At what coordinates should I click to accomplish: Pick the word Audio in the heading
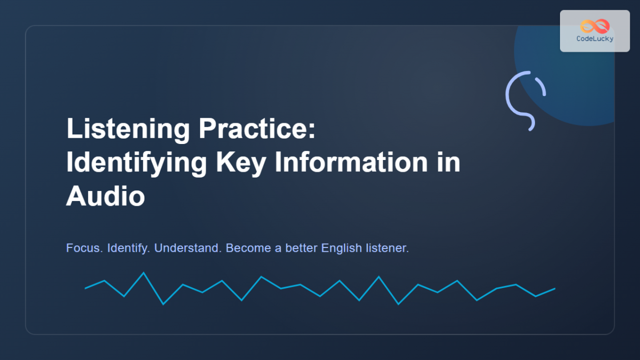[x=105, y=196]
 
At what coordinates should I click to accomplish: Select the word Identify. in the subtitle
[x=129, y=249]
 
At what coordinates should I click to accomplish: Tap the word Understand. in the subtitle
[x=188, y=249]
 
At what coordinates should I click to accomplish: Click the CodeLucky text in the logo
[x=595, y=39]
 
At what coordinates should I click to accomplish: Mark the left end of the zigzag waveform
[x=85, y=288]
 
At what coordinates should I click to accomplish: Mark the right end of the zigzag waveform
[x=555, y=289]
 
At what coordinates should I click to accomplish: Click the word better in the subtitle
[x=301, y=249]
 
